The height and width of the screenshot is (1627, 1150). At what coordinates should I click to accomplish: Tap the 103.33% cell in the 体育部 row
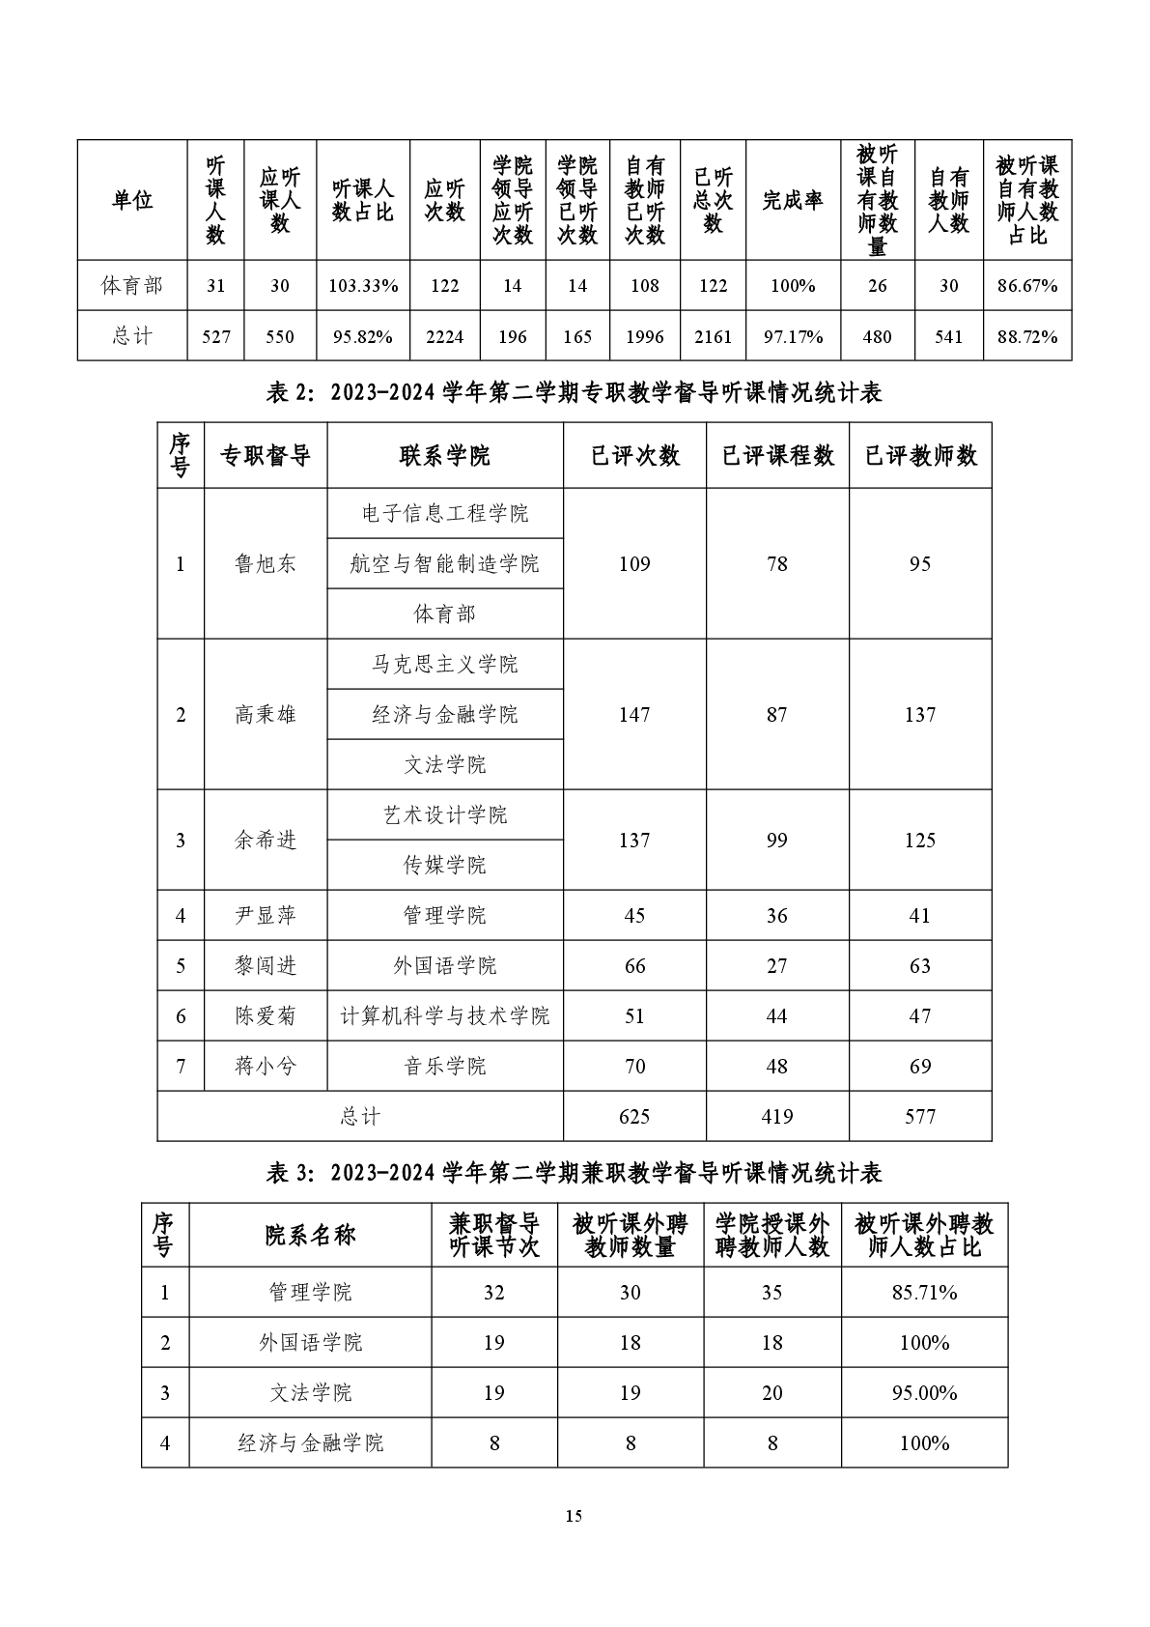pos(363,286)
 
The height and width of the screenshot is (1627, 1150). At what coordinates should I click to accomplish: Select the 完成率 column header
pos(792,201)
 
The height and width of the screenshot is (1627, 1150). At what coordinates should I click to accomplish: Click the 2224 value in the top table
pos(444,336)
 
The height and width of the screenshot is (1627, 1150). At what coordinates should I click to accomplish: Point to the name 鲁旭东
pos(266,564)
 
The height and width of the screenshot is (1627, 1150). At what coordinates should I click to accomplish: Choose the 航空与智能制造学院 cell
pos(444,564)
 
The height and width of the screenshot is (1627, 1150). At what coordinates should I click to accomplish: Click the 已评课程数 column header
pos(777,456)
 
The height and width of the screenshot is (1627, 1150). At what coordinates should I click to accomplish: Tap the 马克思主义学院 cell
pos(444,665)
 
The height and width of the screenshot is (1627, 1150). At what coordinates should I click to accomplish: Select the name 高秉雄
pos(266,715)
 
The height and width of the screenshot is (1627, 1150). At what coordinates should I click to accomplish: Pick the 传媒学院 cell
pos(444,866)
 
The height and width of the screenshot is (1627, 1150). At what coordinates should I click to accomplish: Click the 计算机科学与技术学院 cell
pos(444,1016)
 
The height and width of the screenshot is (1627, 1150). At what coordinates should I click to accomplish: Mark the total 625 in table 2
pos(634,1117)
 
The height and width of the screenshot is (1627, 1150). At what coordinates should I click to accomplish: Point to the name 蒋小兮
pos(266,1067)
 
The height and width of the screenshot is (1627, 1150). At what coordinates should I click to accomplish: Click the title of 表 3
pos(575,1173)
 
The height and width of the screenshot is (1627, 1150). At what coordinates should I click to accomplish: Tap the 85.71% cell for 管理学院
pos(924,1293)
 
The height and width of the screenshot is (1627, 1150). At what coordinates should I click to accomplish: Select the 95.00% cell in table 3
pos(924,1393)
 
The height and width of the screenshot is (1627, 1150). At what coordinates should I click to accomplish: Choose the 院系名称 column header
pos(310,1235)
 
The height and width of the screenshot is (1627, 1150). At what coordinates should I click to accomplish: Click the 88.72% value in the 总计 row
pos(1027,336)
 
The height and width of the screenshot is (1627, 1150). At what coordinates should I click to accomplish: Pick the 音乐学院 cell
pos(444,1067)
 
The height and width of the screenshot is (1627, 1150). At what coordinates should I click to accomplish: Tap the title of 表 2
pos(575,392)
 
